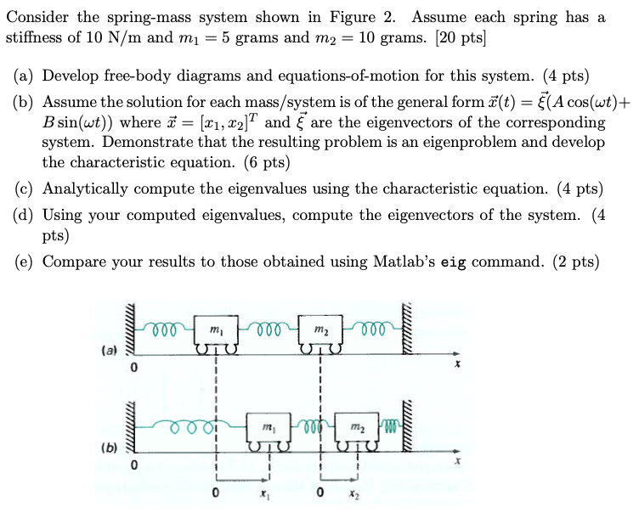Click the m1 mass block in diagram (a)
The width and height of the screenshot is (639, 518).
coord(216,329)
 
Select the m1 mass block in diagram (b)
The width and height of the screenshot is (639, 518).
coord(269,427)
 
